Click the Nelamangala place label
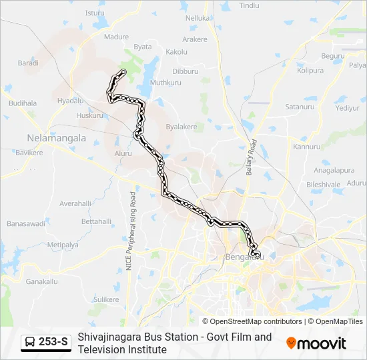coord(56,138)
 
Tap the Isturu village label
coord(95,13)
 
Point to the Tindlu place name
coord(249,5)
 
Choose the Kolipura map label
coord(310,70)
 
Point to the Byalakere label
coord(181,127)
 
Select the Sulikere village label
coord(105,300)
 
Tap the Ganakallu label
coord(41,281)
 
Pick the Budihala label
coord(23,104)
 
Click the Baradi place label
coord(28,63)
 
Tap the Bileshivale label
coord(323,184)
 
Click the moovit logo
coord(316,343)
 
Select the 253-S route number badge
coord(46,343)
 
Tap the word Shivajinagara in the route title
coord(110,337)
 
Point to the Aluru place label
coord(123,153)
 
